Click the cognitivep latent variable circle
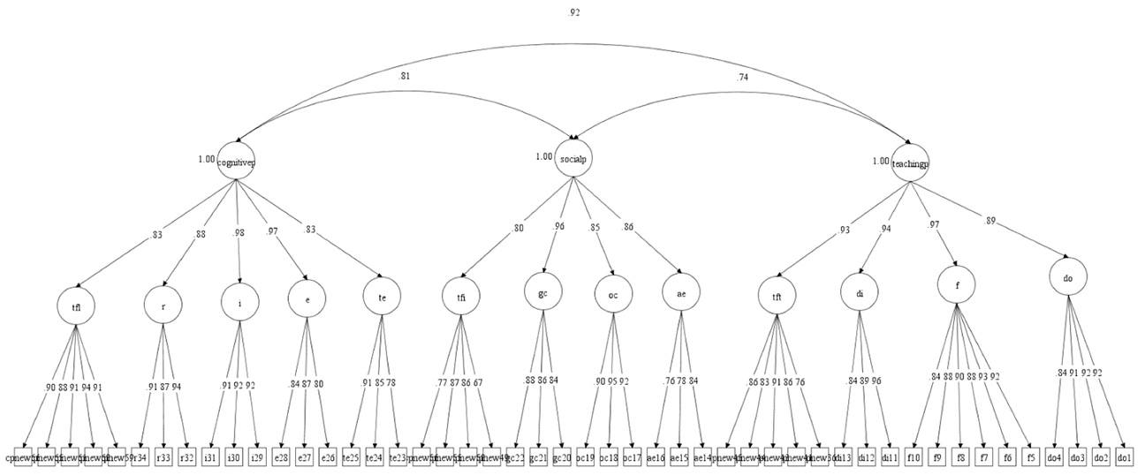(236, 161)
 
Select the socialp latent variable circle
(574, 159)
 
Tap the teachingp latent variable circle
(911, 162)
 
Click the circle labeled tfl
(77, 306)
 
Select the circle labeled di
(859, 294)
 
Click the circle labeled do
(1067, 278)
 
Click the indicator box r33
(163, 458)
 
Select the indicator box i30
(233, 458)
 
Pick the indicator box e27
(306, 458)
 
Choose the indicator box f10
(915, 458)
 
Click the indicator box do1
(1124, 458)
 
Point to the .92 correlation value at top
(575, 13)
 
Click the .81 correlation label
(405, 76)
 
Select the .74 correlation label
(743, 79)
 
